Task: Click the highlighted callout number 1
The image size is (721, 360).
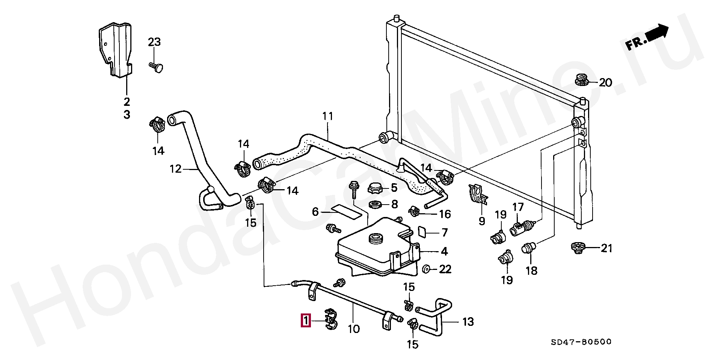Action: point(306,321)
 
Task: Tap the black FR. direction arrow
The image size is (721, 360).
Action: point(657,33)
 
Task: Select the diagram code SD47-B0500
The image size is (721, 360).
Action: point(581,342)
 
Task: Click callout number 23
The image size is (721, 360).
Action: point(154,42)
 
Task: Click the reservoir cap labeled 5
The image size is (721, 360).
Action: point(375,188)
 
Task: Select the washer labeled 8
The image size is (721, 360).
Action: point(375,205)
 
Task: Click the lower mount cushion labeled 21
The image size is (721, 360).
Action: point(578,248)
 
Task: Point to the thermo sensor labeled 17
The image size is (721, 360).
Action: point(521,227)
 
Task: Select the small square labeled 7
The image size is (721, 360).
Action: point(422,232)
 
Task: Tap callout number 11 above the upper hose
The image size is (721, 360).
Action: point(328,116)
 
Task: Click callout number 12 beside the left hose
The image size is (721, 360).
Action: point(175,169)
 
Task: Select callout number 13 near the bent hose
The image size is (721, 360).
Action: point(468,322)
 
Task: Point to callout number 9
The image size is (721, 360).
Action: point(482,221)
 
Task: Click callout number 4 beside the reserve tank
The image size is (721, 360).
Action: point(444,251)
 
